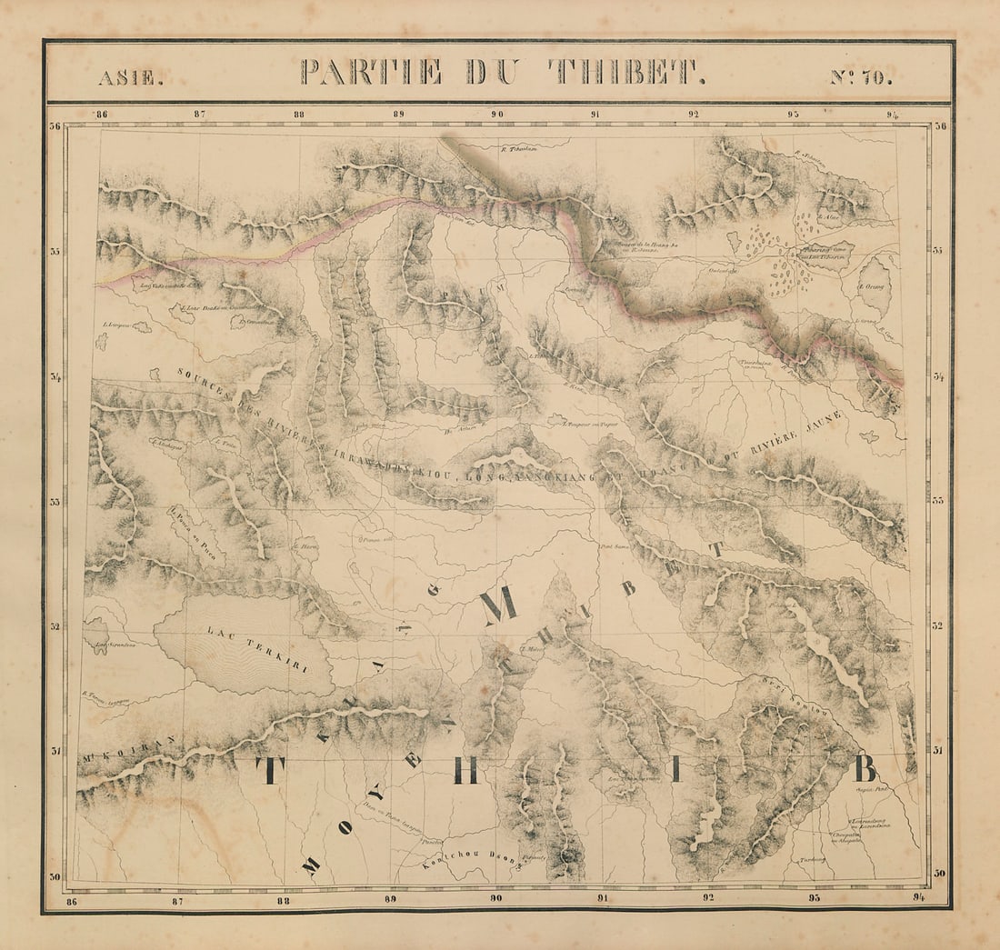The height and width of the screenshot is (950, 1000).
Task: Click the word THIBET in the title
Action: (x=627, y=72)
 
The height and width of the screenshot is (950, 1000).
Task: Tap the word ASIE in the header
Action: (x=131, y=78)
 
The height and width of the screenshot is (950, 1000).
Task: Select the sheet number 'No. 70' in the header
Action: (x=861, y=77)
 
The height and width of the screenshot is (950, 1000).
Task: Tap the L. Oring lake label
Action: (x=874, y=286)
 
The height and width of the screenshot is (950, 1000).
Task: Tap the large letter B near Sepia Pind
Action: (x=865, y=769)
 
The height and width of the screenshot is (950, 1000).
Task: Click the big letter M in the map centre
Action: (x=498, y=606)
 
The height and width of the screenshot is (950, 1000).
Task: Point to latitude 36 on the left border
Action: (x=55, y=127)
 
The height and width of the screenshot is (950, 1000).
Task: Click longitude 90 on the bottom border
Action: (x=495, y=898)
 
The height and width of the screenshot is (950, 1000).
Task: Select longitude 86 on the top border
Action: (x=101, y=115)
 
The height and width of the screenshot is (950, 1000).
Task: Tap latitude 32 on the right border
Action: (x=938, y=625)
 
